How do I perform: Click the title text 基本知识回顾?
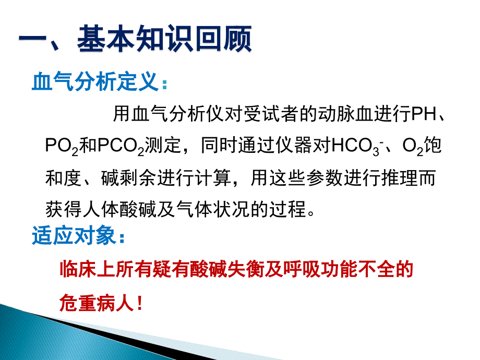point(164,39)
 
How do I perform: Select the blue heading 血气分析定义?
point(95,81)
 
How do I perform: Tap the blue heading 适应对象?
point(74,235)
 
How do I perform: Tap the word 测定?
point(163,145)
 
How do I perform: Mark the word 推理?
point(400,178)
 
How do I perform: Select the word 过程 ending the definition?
point(287,209)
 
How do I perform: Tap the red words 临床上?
point(88,269)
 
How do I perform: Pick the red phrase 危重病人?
point(97,303)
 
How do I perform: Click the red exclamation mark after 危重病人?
point(140,303)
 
